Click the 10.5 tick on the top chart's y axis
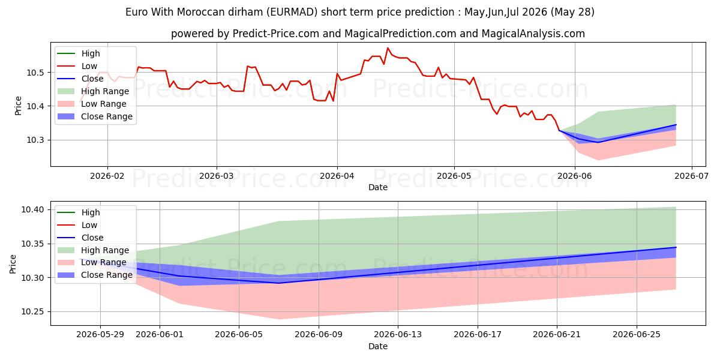pyautogui.click(x=35, y=73)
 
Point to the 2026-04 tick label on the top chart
pyautogui.click(x=337, y=176)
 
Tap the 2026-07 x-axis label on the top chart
pyautogui.click(x=691, y=176)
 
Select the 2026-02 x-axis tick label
pyautogui.click(x=107, y=176)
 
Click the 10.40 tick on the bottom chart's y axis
pyautogui.click(x=32, y=210)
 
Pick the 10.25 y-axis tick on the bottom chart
pyautogui.click(x=32, y=312)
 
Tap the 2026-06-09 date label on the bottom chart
pyautogui.click(x=319, y=335)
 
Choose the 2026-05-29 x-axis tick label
pyautogui.click(x=100, y=335)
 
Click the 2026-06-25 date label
pyautogui.click(x=637, y=335)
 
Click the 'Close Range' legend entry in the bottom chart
pyautogui.click(x=95, y=275)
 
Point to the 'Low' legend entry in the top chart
pyautogui.click(x=77, y=66)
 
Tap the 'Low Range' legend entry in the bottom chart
pyautogui.click(x=92, y=263)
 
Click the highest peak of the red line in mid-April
pyautogui.click(x=388, y=48)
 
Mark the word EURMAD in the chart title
pyautogui.click(x=292, y=12)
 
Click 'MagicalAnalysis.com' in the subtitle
pyautogui.click(x=533, y=34)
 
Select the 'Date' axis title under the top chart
pyautogui.click(x=378, y=187)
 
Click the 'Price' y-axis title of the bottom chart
pyautogui.click(x=13, y=264)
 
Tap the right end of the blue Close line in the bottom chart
pyautogui.click(x=676, y=247)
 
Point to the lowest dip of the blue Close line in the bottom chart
pyautogui.click(x=278, y=283)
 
